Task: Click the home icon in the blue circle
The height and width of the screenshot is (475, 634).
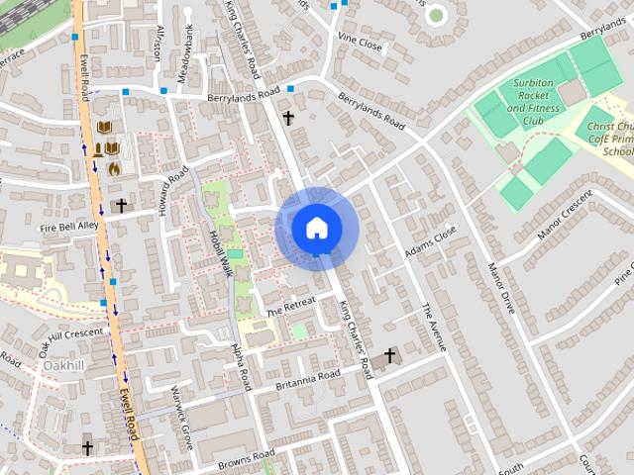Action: coord(315,228)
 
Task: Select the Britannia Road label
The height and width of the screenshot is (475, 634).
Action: coord(308,378)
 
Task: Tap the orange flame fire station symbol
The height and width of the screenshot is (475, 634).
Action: coord(115,168)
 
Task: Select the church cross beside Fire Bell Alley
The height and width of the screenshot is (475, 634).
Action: coord(121,206)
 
